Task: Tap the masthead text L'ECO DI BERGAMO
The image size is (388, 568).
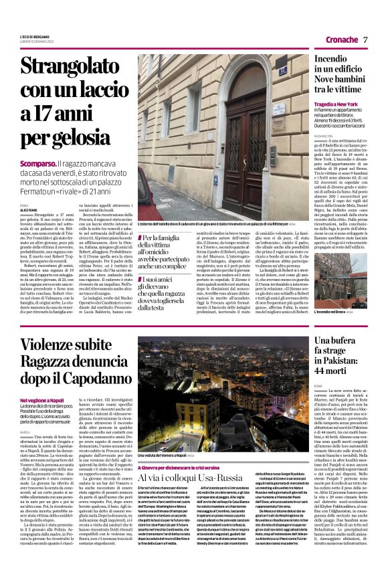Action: pyautogui.click(x=33, y=35)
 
